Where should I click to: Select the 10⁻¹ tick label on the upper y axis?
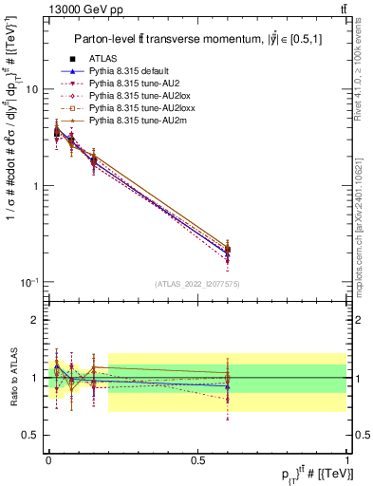29,282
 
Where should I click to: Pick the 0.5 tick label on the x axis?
196,459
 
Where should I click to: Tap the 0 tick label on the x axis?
49,459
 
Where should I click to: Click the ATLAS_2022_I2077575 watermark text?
196,284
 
